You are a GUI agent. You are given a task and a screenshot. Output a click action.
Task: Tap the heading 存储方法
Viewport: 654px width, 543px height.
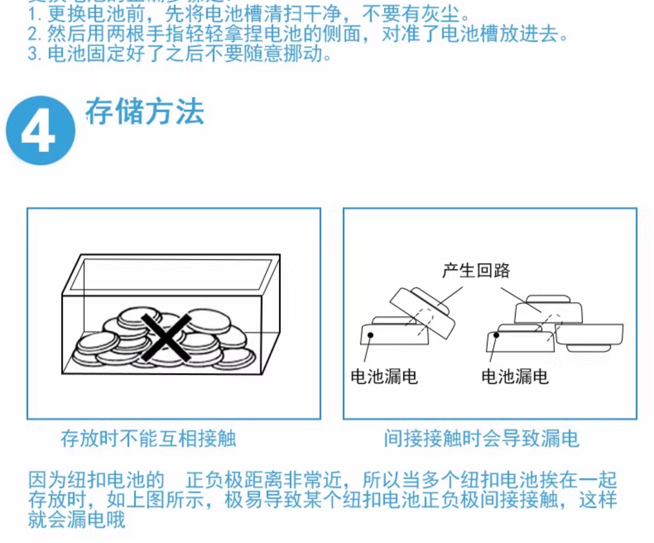coord(145,111)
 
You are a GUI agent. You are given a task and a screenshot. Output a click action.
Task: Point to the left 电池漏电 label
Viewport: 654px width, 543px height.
coord(384,376)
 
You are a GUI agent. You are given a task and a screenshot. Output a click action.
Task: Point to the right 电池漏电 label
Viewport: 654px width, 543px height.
coord(515,376)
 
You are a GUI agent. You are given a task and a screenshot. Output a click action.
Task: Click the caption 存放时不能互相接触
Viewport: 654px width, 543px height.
coord(148,439)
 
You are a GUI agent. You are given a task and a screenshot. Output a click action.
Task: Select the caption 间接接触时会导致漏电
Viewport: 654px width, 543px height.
coord(481,439)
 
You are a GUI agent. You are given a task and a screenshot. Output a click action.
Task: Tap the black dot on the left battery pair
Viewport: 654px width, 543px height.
coord(371,335)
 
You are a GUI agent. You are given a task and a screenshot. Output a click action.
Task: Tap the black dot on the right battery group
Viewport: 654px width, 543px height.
coord(496,335)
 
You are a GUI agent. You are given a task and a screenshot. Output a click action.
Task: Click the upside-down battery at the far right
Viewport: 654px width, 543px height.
coord(589,338)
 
